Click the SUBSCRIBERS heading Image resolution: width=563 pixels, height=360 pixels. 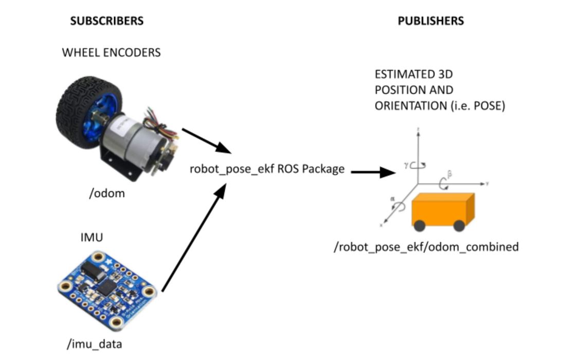[x=106, y=21]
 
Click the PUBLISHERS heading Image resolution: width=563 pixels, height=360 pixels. [x=431, y=21]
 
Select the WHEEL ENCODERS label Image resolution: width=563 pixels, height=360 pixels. [x=111, y=52]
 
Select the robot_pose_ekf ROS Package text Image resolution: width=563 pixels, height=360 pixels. [x=267, y=169]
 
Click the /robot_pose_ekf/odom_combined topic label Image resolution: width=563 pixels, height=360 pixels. [x=426, y=247]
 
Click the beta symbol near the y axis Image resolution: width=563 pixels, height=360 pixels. [x=449, y=175]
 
